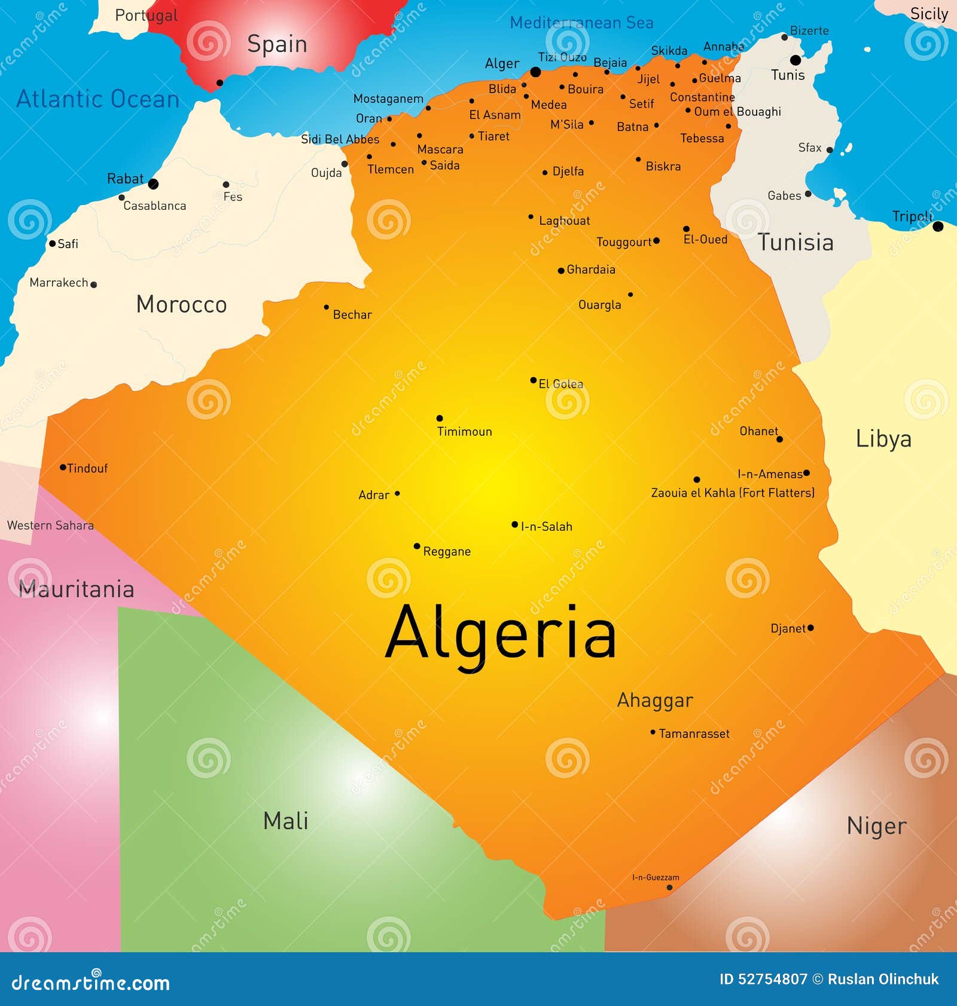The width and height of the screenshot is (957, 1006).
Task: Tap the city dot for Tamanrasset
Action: (653, 732)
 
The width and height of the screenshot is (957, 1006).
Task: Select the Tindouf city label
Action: (87, 469)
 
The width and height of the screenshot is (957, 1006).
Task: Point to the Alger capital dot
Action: (535, 72)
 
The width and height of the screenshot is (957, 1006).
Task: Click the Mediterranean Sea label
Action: (581, 23)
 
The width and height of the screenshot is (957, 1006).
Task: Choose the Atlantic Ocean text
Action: (97, 99)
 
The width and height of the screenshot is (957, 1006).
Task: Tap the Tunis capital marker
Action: (796, 60)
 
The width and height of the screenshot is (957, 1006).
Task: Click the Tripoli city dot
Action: (938, 227)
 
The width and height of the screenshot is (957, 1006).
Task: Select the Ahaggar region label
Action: (655, 700)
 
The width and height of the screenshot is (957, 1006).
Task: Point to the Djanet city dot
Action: (810, 628)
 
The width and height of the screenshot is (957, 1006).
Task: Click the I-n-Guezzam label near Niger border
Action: (656, 877)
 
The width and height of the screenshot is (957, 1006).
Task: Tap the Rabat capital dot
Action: (153, 184)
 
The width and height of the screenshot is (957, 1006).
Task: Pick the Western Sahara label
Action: (50, 525)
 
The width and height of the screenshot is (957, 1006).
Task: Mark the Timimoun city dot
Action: (440, 418)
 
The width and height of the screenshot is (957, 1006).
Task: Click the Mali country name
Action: (285, 821)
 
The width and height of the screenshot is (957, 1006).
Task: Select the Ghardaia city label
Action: (590, 270)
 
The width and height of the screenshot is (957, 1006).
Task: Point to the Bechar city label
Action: (352, 315)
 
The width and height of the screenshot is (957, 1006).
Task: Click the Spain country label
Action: (277, 44)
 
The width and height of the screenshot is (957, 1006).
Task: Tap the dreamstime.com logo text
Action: (91, 983)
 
